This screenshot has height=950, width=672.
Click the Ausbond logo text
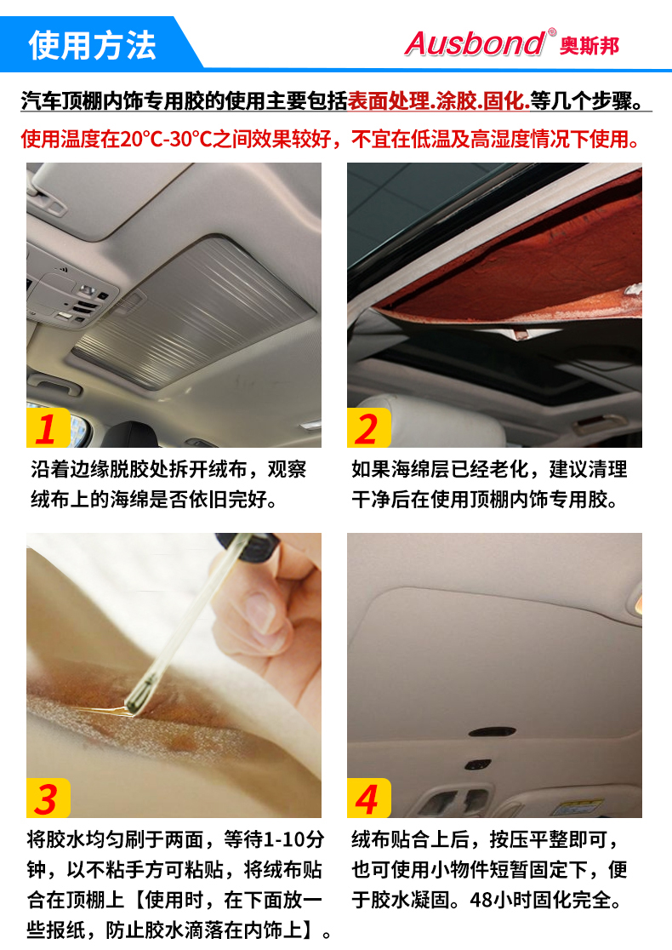point(474,43)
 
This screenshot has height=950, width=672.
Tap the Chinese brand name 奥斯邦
point(589,45)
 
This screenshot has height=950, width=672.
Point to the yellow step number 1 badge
point(47,427)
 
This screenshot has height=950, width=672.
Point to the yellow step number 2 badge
point(367,427)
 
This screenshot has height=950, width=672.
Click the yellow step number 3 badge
point(47,798)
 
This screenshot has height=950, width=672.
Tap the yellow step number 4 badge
point(367,798)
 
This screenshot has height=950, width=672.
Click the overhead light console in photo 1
point(72,298)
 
